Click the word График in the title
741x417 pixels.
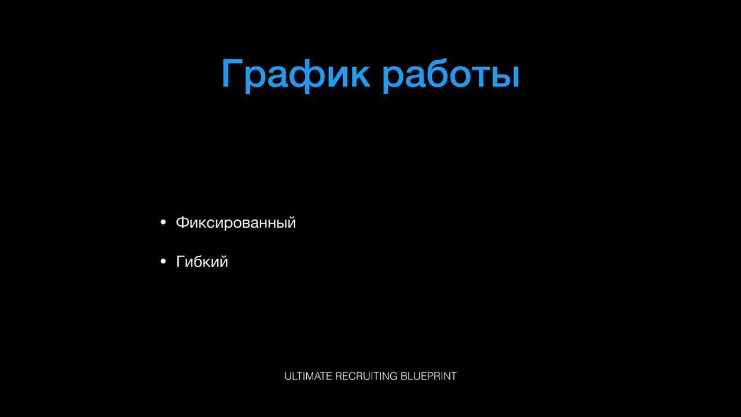point(296,75)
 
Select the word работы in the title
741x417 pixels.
point(450,75)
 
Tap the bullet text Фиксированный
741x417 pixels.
point(236,223)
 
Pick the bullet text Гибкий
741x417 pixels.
point(202,261)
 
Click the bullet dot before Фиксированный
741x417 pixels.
point(163,222)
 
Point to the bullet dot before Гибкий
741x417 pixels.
point(163,261)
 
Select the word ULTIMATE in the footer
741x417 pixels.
point(308,376)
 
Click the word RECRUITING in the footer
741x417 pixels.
point(366,376)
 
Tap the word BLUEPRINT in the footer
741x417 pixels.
point(428,376)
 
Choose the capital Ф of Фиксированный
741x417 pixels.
point(183,222)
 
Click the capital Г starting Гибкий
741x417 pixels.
point(181,261)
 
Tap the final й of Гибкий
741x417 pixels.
point(222,261)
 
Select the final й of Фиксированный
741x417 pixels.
point(291,222)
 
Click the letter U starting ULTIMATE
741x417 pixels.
point(288,376)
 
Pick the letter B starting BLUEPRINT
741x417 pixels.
point(404,376)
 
